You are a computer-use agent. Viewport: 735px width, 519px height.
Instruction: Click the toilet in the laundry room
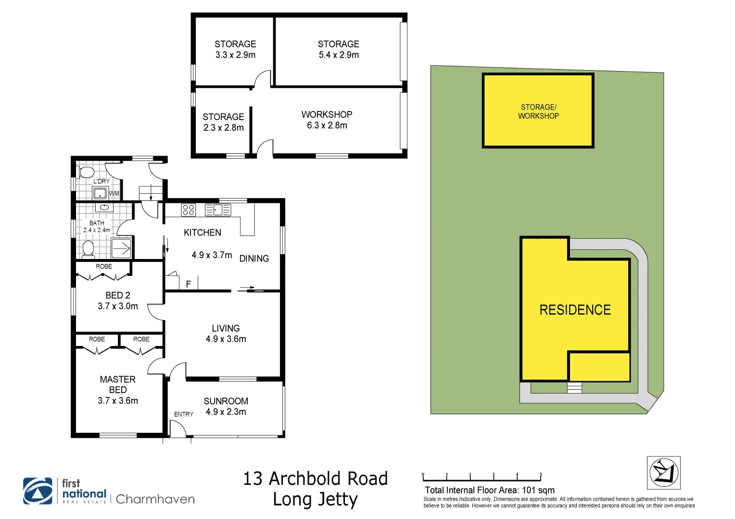click(x=86, y=172)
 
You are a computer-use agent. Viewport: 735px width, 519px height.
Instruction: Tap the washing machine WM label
click(x=114, y=194)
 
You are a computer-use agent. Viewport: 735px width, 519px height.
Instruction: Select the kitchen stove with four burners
click(x=189, y=210)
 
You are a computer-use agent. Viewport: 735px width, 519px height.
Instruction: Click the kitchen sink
click(x=218, y=210)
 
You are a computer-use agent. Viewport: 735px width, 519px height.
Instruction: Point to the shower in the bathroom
click(x=121, y=248)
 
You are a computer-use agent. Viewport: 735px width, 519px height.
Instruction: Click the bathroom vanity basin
click(x=104, y=207)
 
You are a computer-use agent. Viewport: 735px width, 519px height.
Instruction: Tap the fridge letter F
click(x=189, y=284)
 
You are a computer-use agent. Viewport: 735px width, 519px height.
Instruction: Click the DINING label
click(x=254, y=259)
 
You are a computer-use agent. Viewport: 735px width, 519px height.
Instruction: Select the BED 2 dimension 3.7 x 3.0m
click(x=118, y=306)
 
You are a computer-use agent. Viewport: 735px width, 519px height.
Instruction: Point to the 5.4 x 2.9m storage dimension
click(x=339, y=55)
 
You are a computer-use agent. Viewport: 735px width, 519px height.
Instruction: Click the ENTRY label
click(x=184, y=414)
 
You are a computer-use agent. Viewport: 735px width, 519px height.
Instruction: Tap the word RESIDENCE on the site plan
click(x=575, y=310)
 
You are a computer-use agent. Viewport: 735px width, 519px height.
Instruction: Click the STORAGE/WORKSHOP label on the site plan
click(x=538, y=111)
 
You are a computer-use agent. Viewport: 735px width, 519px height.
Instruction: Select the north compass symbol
click(x=664, y=473)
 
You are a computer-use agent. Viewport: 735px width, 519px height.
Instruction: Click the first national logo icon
click(x=38, y=491)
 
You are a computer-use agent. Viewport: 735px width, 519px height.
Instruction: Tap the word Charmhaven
click(x=155, y=499)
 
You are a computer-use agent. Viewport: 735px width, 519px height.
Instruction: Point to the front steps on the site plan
click(x=574, y=387)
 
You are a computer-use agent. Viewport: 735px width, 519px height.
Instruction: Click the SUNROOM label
click(x=226, y=401)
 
